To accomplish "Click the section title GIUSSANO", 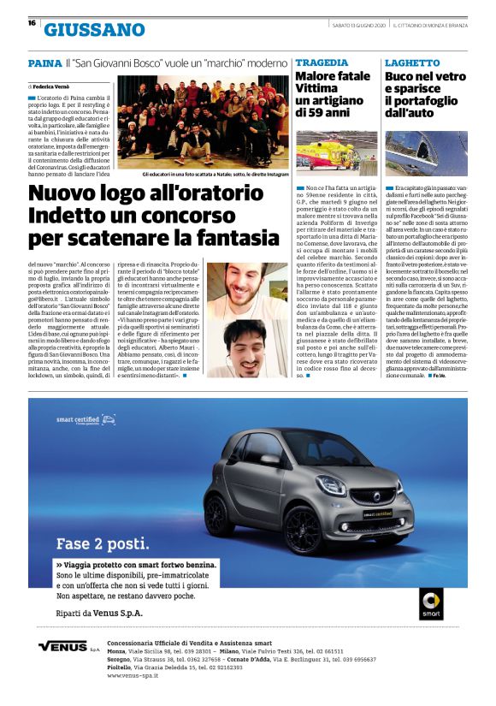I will tap(94, 31).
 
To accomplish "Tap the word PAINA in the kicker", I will tap(44, 63).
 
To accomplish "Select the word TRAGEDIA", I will tap(322, 63).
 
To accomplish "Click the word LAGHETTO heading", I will tap(412, 63).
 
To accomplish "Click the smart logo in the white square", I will tap(431, 603).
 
